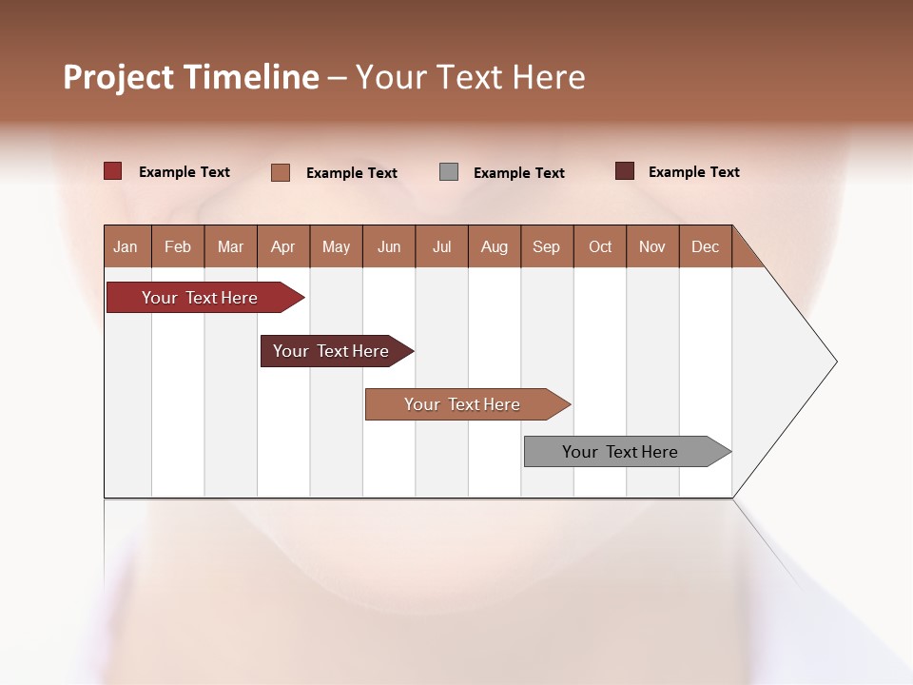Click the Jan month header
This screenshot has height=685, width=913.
(126, 246)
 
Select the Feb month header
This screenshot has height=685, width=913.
(178, 246)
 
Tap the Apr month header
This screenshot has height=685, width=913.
(283, 246)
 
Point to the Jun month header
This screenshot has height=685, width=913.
(389, 246)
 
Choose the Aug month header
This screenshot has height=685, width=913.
(495, 246)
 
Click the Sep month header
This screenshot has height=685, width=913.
(547, 246)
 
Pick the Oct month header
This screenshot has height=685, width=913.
(600, 246)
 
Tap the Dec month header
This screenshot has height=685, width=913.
(706, 246)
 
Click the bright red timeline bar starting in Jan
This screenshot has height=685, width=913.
(200, 298)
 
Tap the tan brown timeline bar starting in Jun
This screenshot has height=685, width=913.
(463, 404)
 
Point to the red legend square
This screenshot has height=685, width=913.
(113, 171)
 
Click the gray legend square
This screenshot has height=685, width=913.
(449, 172)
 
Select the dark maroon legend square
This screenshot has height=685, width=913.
(625, 171)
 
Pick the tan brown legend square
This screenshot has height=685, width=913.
(281, 172)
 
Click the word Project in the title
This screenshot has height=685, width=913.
(119, 77)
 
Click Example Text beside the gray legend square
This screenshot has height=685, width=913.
(519, 173)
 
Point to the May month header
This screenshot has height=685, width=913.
(336, 246)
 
